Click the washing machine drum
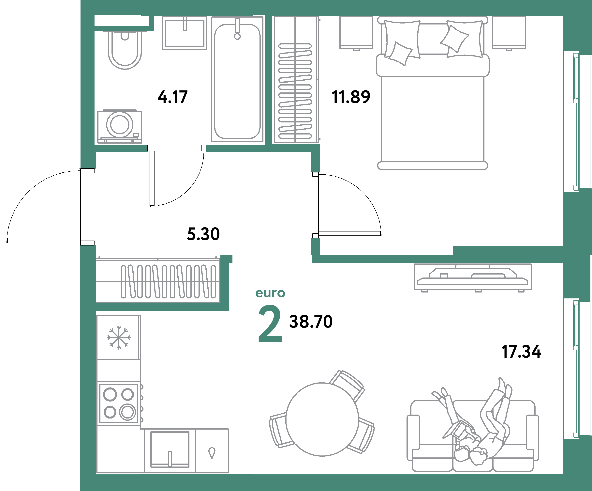120,124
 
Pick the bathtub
237,82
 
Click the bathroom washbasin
185,33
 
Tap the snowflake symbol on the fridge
119,338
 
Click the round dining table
322,420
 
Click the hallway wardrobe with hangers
158,281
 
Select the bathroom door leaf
152,178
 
